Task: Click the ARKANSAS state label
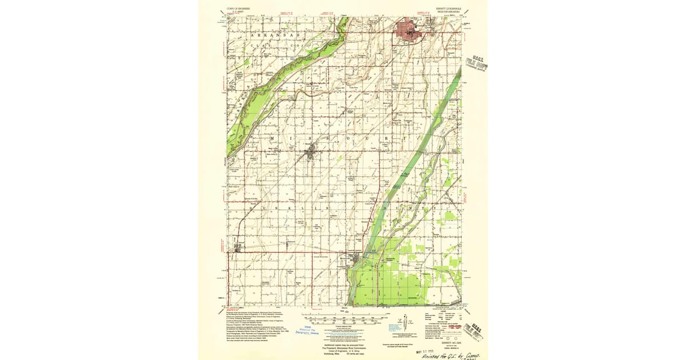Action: tap(273, 35)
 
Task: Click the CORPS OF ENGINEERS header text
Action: tap(231, 10)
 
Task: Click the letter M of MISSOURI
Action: tap(271, 139)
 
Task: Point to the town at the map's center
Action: tap(310, 152)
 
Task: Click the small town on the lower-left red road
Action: tap(238, 247)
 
